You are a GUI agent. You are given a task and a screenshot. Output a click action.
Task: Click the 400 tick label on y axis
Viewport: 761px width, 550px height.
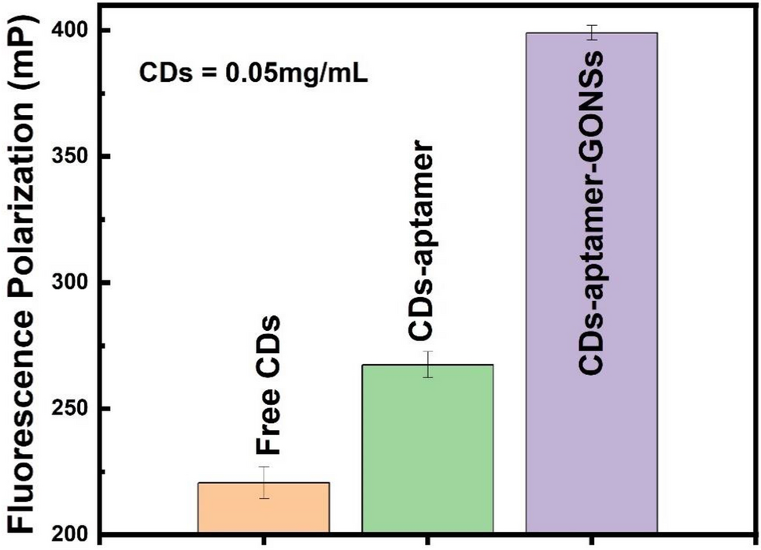tap(72, 31)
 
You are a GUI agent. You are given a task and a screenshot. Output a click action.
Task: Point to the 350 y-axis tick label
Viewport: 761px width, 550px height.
tap(72, 157)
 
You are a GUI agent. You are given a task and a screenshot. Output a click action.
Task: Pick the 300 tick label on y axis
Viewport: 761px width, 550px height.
tap(72, 283)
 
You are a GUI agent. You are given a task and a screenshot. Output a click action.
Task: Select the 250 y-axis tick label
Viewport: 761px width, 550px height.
tap(72, 409)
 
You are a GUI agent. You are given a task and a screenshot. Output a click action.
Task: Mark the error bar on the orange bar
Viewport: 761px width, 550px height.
tap(264, 482)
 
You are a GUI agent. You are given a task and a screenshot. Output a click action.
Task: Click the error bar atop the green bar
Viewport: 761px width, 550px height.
tap(427, 364)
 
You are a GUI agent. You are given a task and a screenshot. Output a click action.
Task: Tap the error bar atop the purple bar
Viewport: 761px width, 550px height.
tap(591, 32)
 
